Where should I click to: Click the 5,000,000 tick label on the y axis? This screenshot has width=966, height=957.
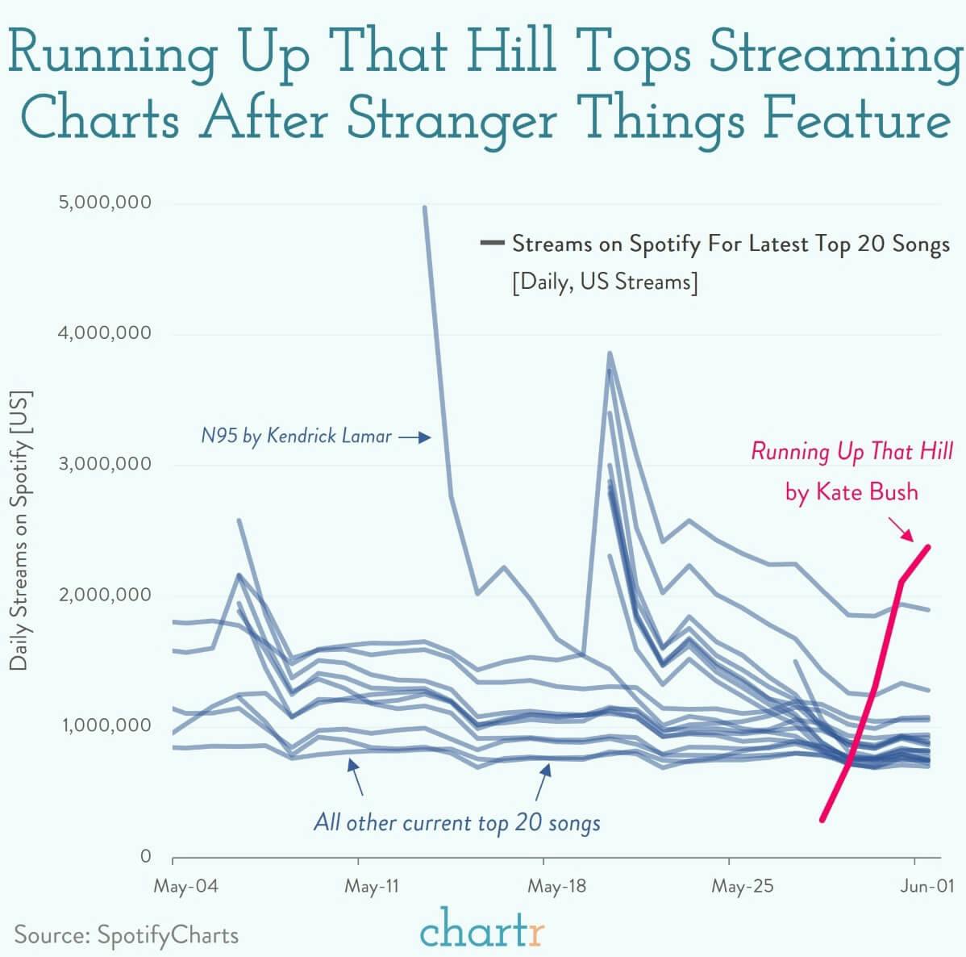[105, 203]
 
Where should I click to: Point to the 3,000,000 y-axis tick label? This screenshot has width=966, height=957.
[105, 464]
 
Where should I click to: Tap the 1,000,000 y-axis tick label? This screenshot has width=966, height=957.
[105, 725]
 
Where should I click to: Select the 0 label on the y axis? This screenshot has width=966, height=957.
[145, 856]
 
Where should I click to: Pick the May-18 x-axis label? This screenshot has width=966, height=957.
[556, 887]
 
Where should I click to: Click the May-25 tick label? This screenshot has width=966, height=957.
[742, 887]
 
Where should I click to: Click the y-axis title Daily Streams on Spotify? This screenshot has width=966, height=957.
[19, 530]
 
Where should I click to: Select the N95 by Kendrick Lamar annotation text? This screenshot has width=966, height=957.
[296, 437]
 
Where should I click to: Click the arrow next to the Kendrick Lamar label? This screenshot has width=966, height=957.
[415, 437]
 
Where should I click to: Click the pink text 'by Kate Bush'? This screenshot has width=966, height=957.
[851, 491]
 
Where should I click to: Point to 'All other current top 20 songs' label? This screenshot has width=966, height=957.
[456, 823]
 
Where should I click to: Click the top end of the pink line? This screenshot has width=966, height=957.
[928, 547]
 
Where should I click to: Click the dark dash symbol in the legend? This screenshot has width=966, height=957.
[491, 243]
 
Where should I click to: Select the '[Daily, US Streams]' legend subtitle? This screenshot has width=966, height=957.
[605, 282]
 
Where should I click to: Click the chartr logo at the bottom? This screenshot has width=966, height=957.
[482, 930]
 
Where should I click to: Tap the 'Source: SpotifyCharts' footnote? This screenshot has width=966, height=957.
[127, 935]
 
